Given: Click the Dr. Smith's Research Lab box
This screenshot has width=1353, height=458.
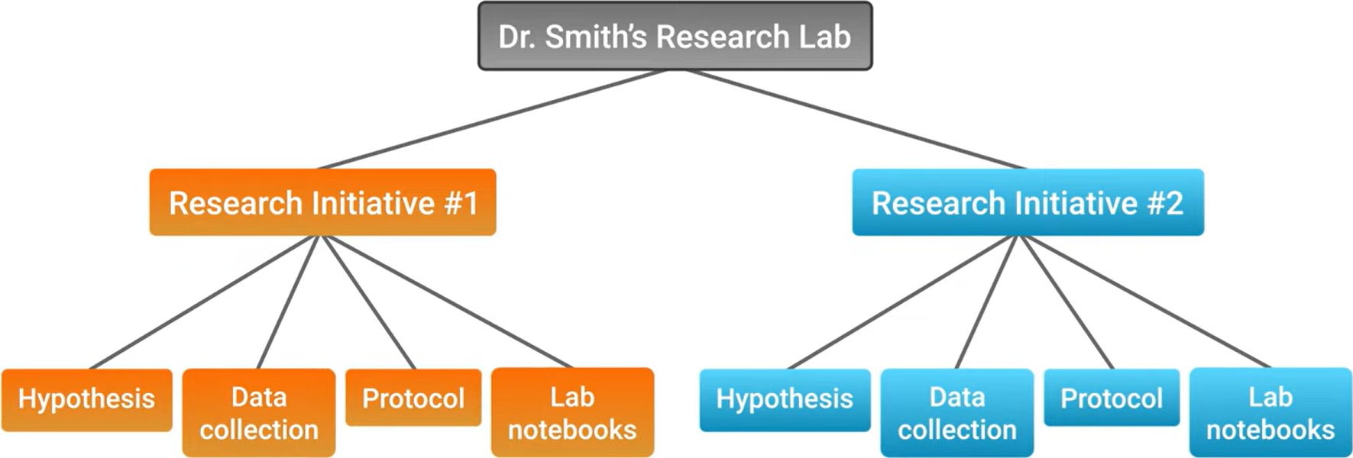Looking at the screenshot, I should tap(675, 36).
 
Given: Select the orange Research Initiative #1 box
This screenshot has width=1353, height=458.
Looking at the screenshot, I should tap(322, 202).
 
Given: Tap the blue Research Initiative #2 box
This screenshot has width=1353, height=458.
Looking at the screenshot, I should tap(1028, 202).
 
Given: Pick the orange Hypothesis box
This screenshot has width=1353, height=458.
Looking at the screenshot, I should tap(86, 399).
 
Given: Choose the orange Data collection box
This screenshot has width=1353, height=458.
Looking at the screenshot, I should tap(259, 413).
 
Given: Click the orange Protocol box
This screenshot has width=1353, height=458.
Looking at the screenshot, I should tap(413, 398).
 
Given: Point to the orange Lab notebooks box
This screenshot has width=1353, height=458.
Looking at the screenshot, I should tap(572, 413).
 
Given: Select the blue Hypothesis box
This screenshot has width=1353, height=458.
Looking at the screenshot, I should tap(785, 399).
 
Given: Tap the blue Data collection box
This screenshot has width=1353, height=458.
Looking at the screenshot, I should tap(957, 413).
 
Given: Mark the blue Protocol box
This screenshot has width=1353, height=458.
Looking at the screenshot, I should tap(1112, 398).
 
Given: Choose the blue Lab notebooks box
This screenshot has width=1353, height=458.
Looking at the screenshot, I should tap(1270, 413).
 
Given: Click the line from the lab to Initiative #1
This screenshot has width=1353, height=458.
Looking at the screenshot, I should tap(493, 119).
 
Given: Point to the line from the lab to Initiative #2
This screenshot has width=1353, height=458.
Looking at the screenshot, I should tap(856, 119).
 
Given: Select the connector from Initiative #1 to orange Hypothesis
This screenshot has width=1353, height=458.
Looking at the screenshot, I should tap(204, 302).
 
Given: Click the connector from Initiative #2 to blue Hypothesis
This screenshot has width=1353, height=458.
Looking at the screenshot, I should tap(902, 302).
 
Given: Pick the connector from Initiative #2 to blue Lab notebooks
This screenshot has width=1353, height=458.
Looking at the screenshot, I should tap(1145, 302).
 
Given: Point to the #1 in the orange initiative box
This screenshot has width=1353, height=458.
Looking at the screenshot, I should tap(461, 203).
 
